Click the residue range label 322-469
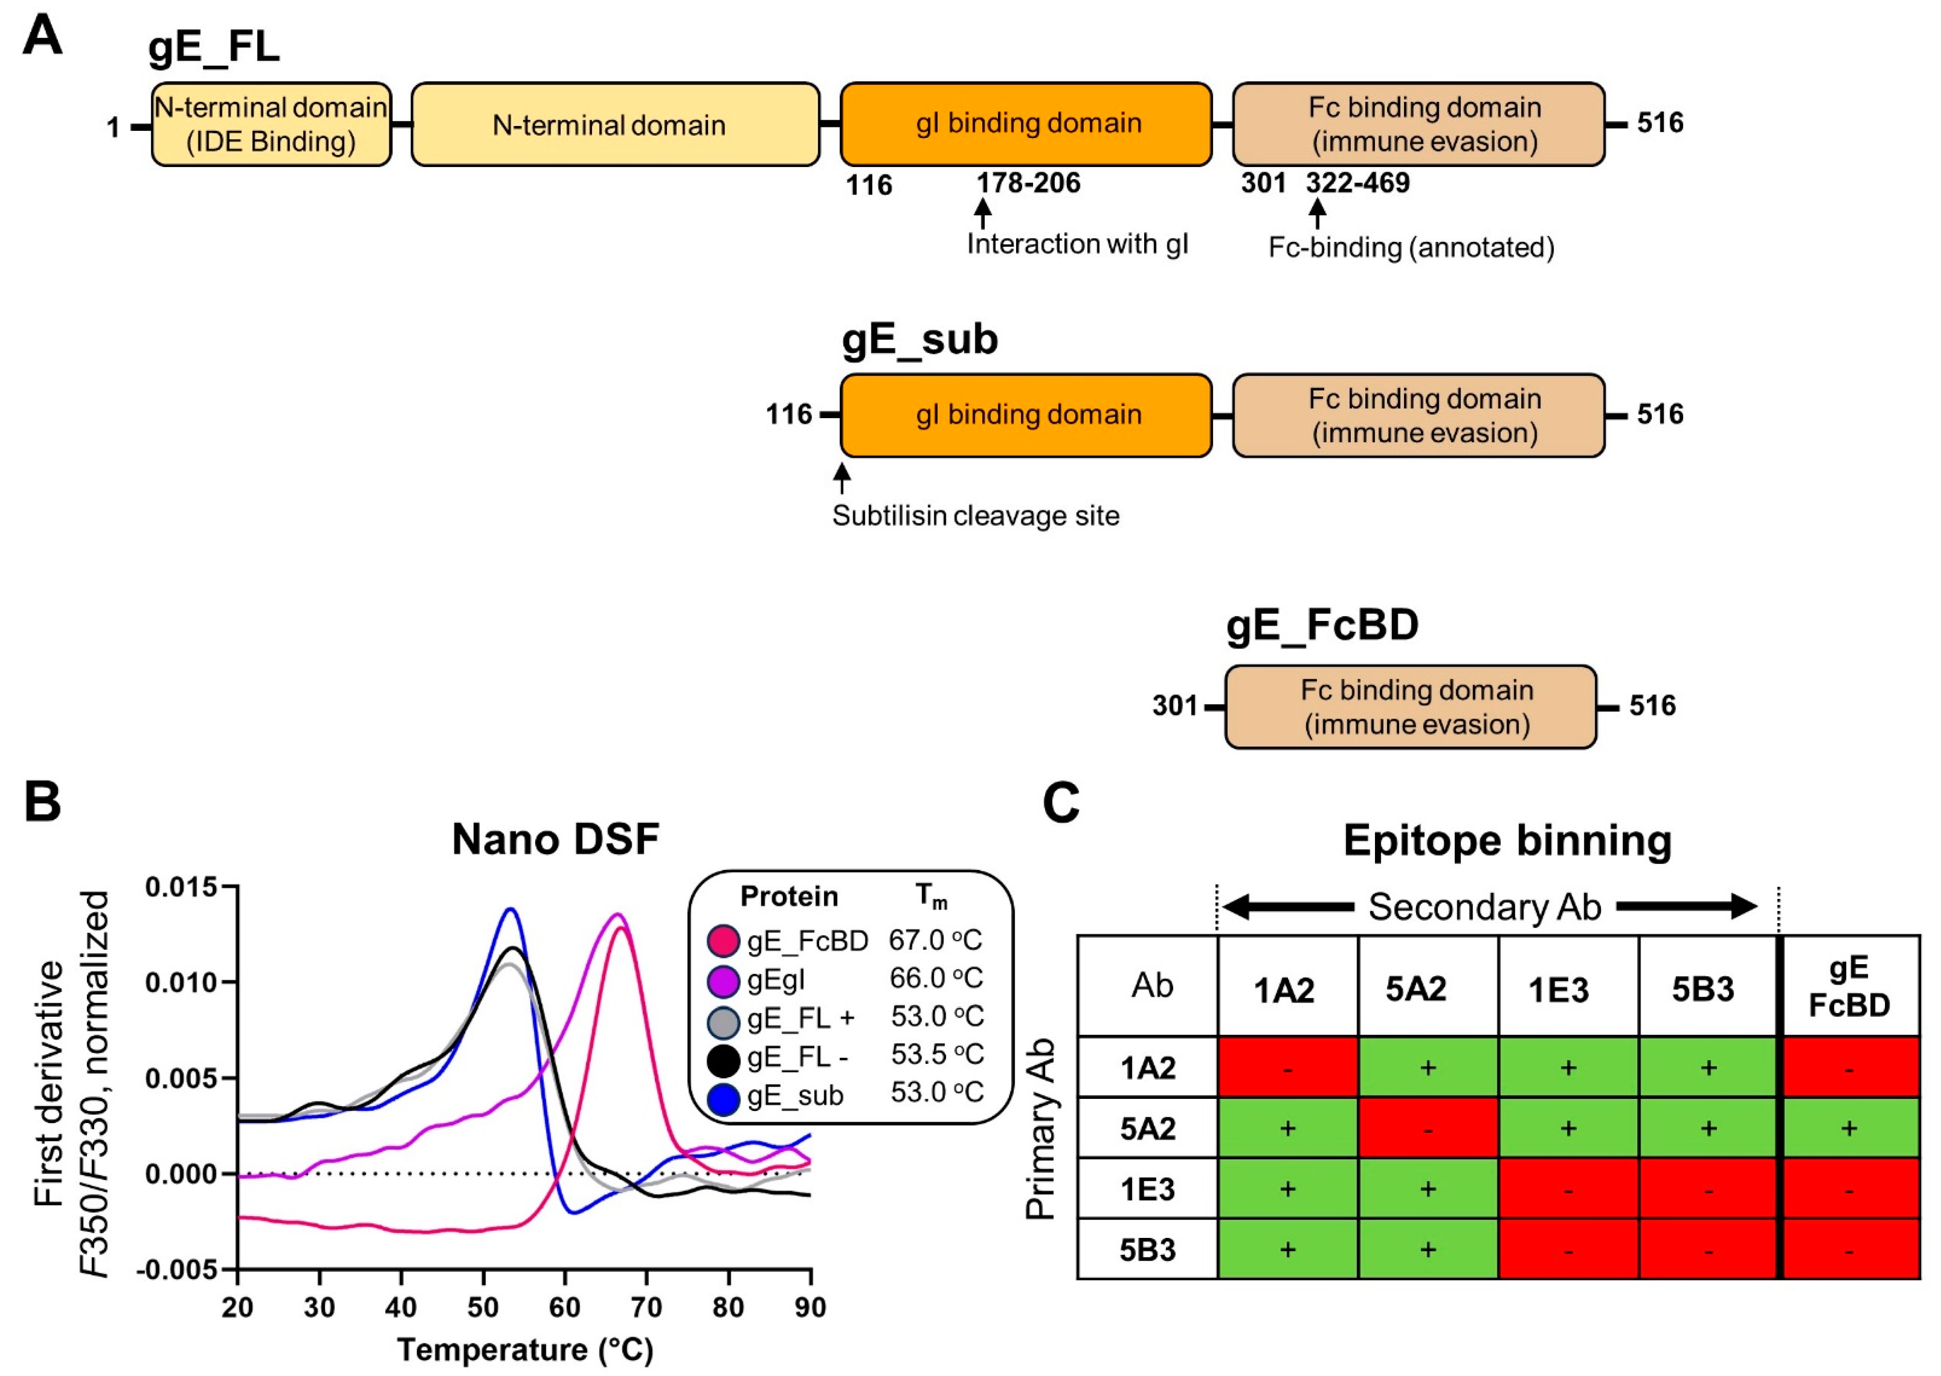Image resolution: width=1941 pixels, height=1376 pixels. (1358, 183)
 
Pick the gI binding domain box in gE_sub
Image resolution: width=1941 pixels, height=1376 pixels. (1026, 415)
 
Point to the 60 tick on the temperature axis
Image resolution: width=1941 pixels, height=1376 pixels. (565, 1307)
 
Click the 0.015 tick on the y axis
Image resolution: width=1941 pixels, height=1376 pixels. (180, 888)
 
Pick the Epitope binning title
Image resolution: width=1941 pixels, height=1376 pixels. (1507, 842)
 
